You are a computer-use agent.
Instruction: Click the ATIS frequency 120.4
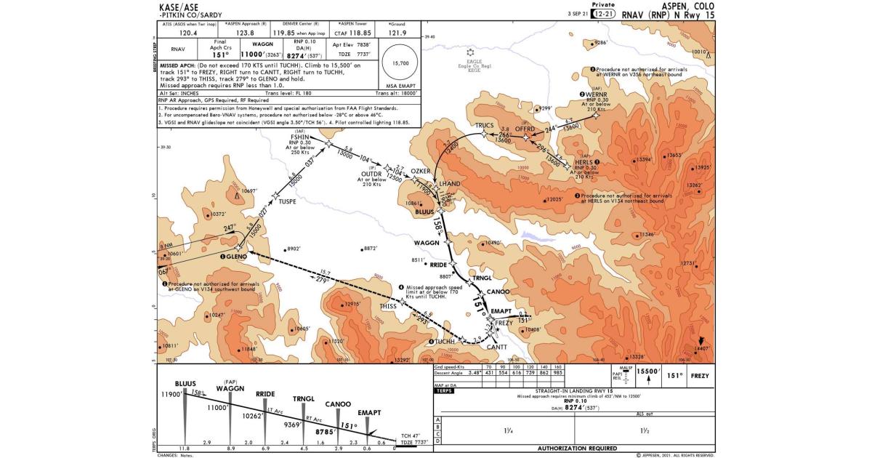tap(188, 32)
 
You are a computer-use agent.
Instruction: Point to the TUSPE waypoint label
tap(287, 202)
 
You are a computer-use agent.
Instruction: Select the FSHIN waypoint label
tap(300, 137)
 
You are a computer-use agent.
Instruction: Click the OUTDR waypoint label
tap(371, 174)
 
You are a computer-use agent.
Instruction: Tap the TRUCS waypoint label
tap(485, 125)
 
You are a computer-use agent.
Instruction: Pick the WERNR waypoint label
tap(596, 95)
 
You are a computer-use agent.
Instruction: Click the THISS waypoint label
tap(388, 306)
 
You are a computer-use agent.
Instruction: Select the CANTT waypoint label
tap(496, 347)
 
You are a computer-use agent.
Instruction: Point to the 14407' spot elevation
tap(701, 349)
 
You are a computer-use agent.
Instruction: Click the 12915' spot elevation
tap(352, 304)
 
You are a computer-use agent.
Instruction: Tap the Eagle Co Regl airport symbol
tap(473, 52)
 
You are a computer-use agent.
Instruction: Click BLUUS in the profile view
tap(185, 383)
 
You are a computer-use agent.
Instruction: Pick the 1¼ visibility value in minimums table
tap(506, 430)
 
